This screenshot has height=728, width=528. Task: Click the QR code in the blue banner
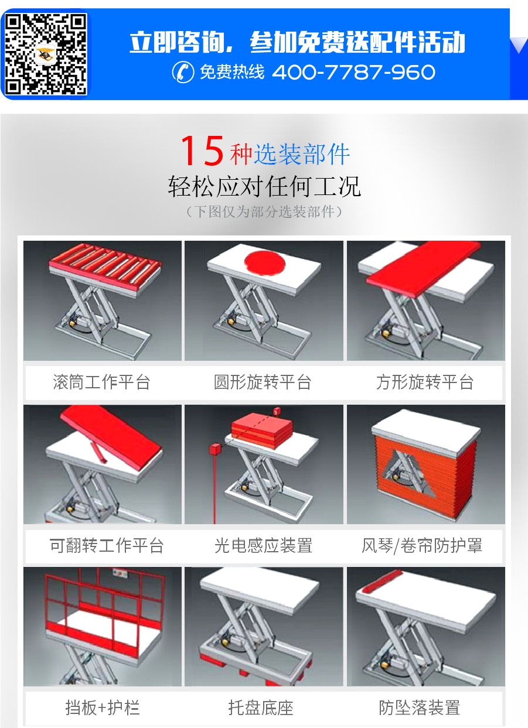[46, 54]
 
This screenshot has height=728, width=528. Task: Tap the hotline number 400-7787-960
[353, 73]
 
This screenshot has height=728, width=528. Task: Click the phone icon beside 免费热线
[183, 73]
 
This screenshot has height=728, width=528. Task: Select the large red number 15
[202, 151]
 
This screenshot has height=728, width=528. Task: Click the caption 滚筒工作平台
[102, 383]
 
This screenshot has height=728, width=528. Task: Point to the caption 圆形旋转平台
[263, 383]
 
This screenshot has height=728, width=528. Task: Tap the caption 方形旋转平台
[425, 383]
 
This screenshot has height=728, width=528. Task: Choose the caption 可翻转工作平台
[107, 546]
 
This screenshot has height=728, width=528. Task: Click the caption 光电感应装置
[263, 546]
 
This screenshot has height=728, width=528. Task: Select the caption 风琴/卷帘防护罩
[422, 546]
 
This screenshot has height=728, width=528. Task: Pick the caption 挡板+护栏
[102, 708]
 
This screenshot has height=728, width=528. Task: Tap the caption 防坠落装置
[419, 708]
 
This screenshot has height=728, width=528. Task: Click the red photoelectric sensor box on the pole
[213, 450]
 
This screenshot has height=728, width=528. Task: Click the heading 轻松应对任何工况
[264, 186]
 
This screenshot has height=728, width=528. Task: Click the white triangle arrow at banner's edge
[519, 45]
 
